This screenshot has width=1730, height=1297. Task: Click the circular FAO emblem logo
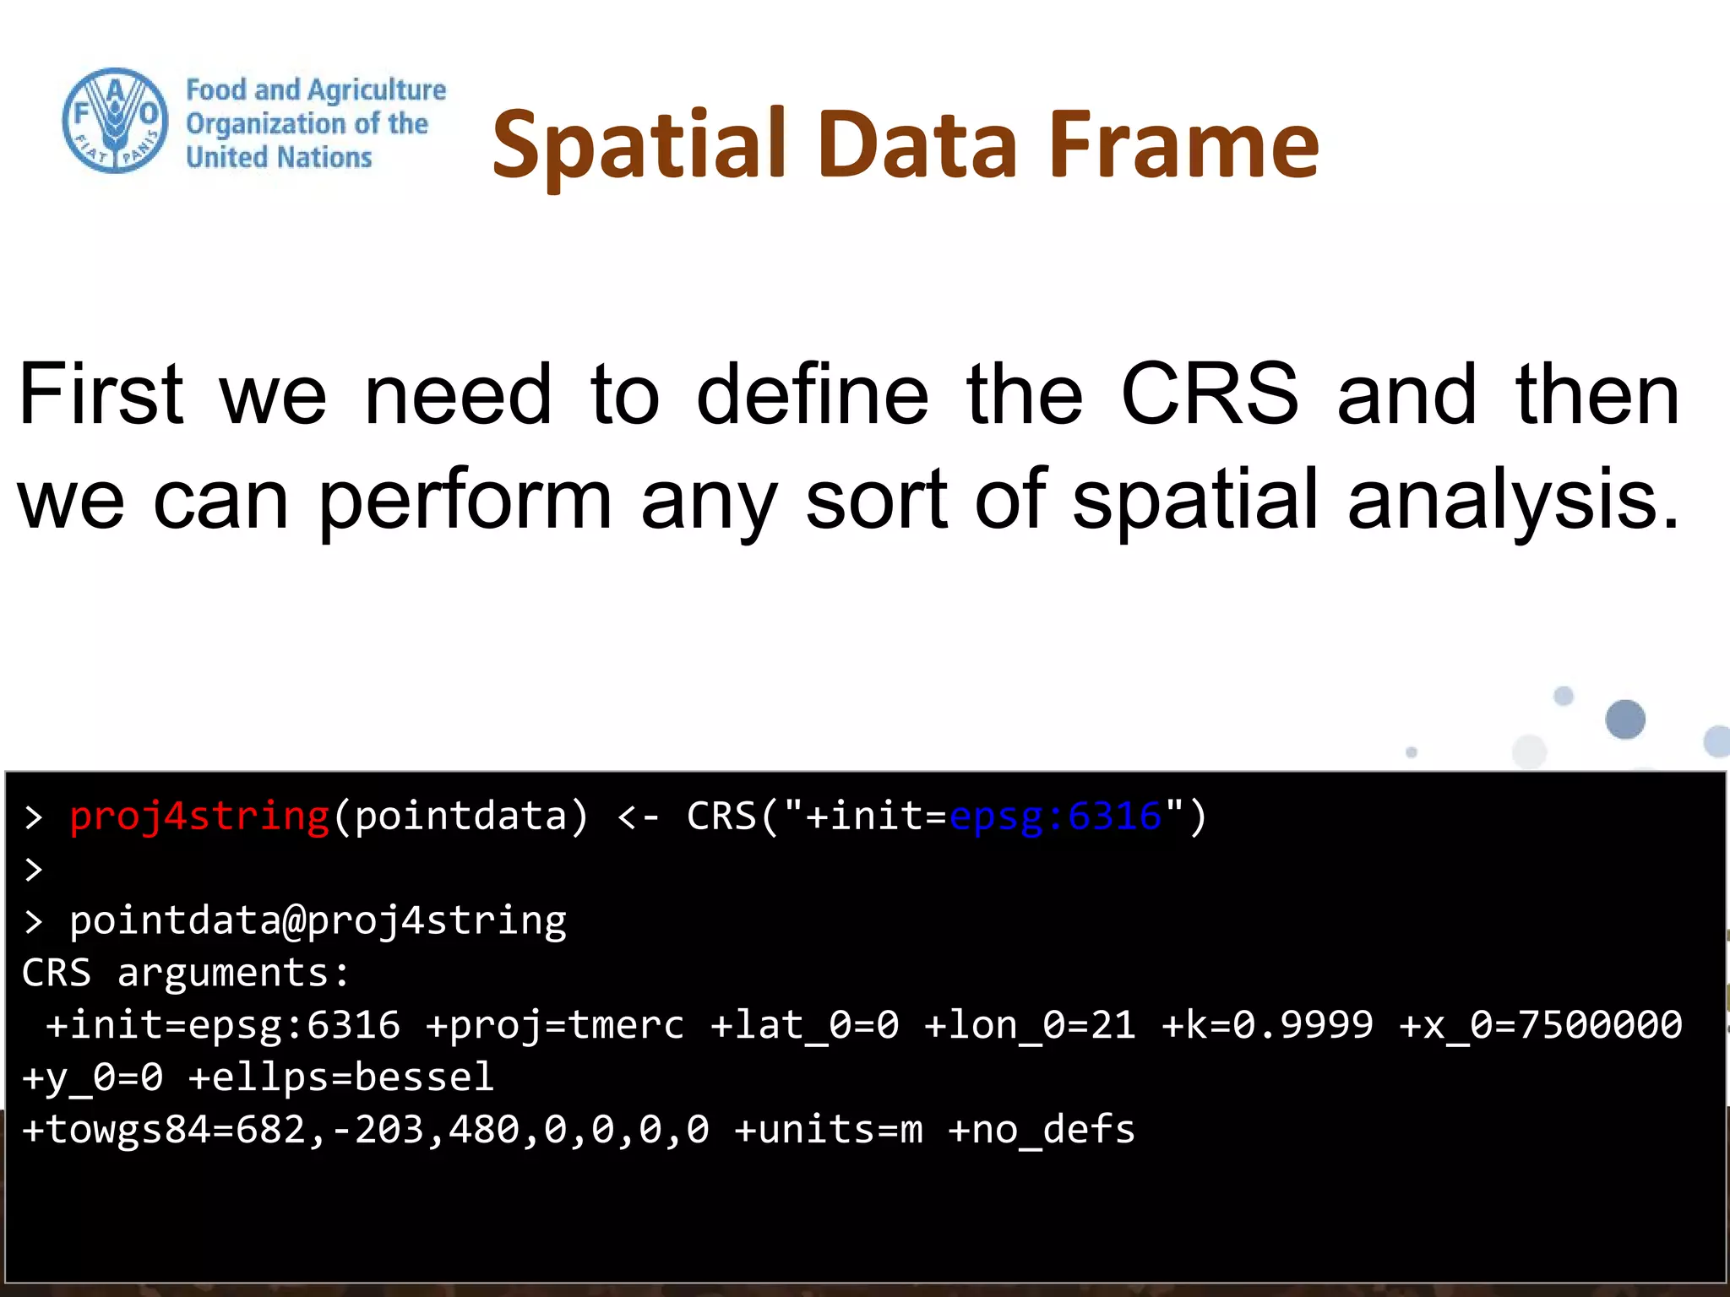(115, 121)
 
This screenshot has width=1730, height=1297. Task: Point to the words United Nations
(279, 157)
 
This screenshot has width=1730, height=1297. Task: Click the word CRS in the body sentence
(1209, 393)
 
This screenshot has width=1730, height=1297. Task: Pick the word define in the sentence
(812, 393)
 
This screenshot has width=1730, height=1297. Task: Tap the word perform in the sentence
(465, 502)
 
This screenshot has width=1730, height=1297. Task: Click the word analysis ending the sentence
(1512, 502)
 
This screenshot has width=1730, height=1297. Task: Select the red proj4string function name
(199, 817)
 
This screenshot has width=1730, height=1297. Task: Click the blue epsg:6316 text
(1055, 817)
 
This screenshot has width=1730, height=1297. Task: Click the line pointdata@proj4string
(318, 920)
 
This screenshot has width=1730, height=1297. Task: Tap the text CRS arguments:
(185, 973)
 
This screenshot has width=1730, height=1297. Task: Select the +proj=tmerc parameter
(555, 1025)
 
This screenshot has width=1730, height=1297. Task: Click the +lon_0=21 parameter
(1030, 1025)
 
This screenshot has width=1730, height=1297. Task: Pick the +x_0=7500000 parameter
(1541, 1025)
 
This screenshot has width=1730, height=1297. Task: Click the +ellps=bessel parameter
(340, 1077)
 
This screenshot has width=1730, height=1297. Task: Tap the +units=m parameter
(829, 1130)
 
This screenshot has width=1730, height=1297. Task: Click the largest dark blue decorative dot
(1624, 719)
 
